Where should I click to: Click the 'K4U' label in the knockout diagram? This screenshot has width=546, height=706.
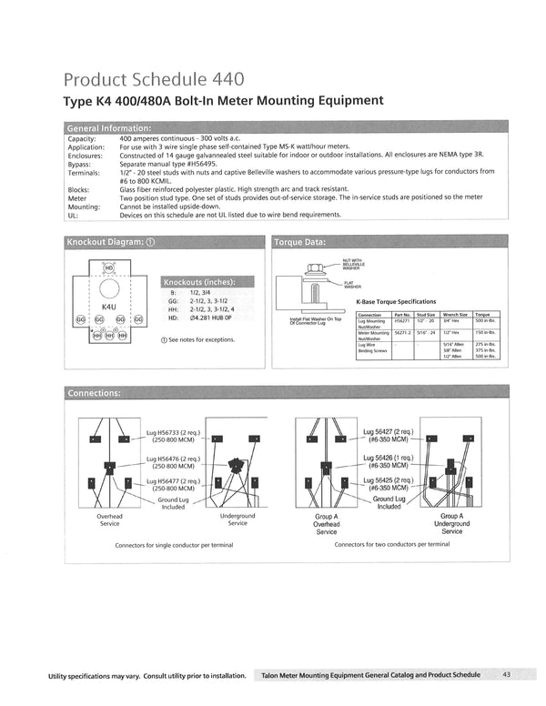pos(108,308)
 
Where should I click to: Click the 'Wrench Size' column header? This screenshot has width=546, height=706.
pos(455,314)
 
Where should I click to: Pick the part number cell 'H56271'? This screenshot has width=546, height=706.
pos(402,321)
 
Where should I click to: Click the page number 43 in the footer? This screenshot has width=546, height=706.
pos(506,674)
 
